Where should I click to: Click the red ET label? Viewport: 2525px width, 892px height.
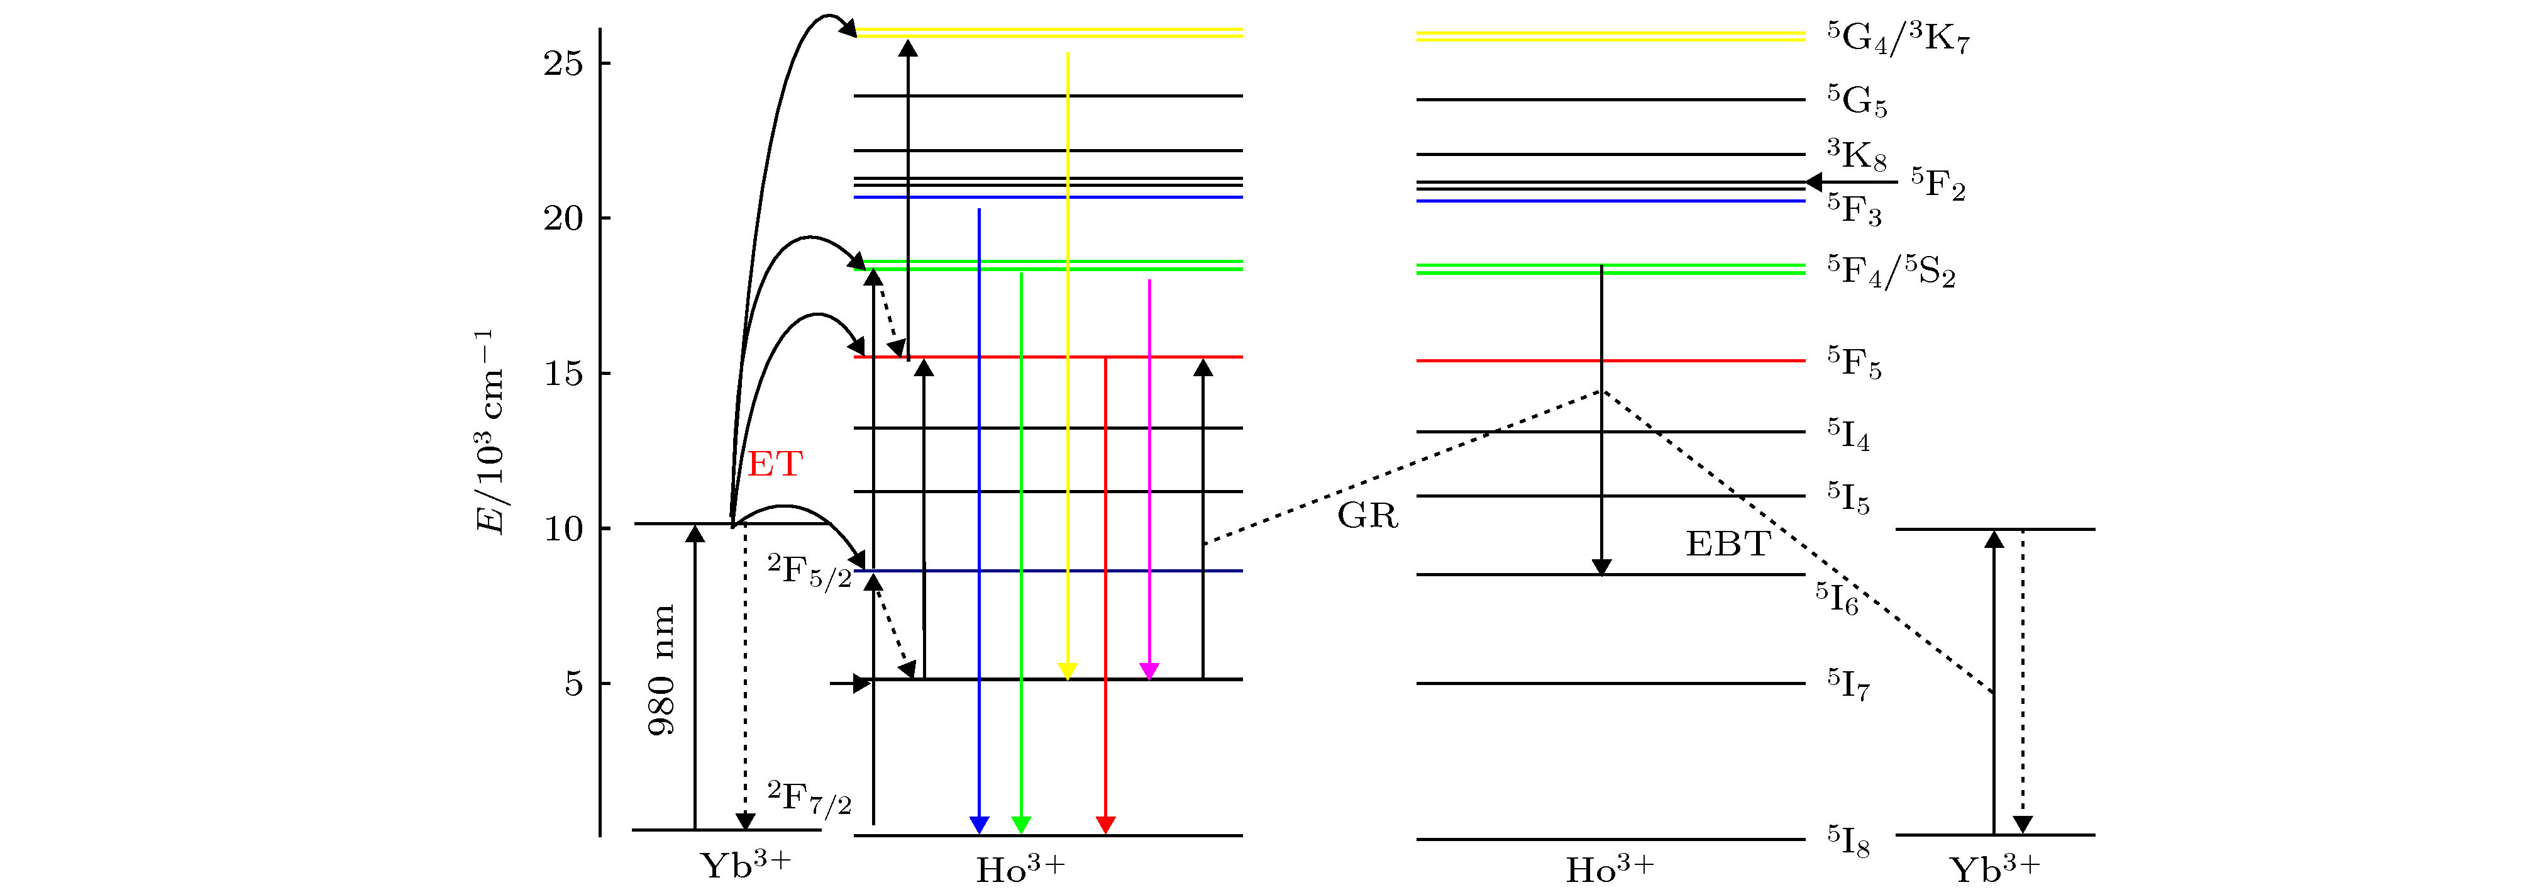775,464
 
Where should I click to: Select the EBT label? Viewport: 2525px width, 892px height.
1727,544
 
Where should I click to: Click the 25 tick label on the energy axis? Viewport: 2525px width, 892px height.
563,64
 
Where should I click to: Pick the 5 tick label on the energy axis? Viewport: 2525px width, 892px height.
573,684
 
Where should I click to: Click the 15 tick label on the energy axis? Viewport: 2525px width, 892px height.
563,374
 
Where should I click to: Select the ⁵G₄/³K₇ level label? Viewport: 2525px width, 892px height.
1898,37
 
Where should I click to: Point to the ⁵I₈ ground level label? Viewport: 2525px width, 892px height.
1848,841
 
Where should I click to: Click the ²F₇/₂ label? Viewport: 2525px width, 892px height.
809,799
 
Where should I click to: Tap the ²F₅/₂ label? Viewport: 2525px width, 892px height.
809,571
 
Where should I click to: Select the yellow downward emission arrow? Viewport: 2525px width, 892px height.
1068,363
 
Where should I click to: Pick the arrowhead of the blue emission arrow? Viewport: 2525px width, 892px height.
978,824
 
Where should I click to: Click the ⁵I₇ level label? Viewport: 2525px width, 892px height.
1848,684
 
